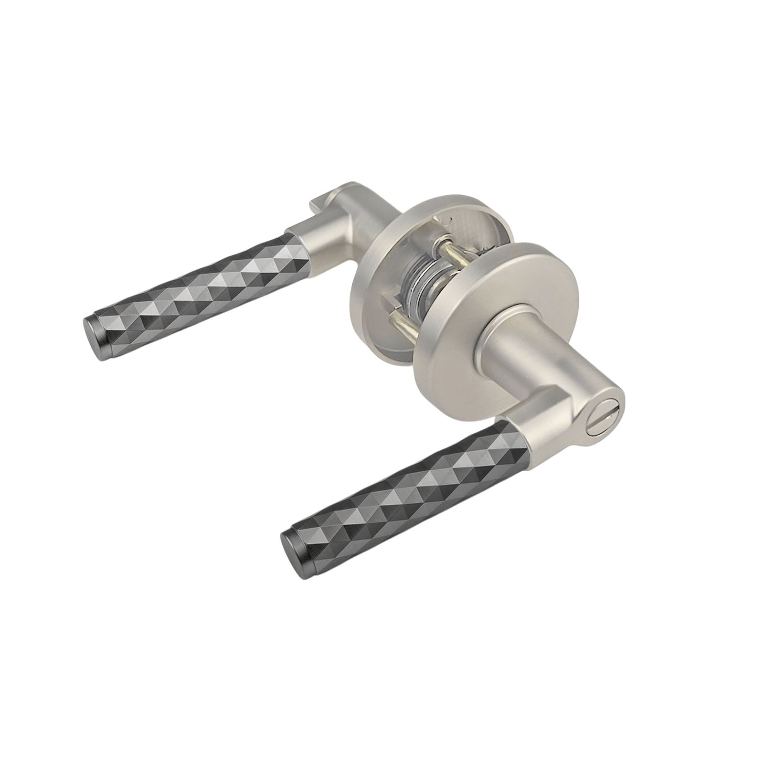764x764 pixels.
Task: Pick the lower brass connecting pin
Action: pyautogui.click(x=406, y=325)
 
